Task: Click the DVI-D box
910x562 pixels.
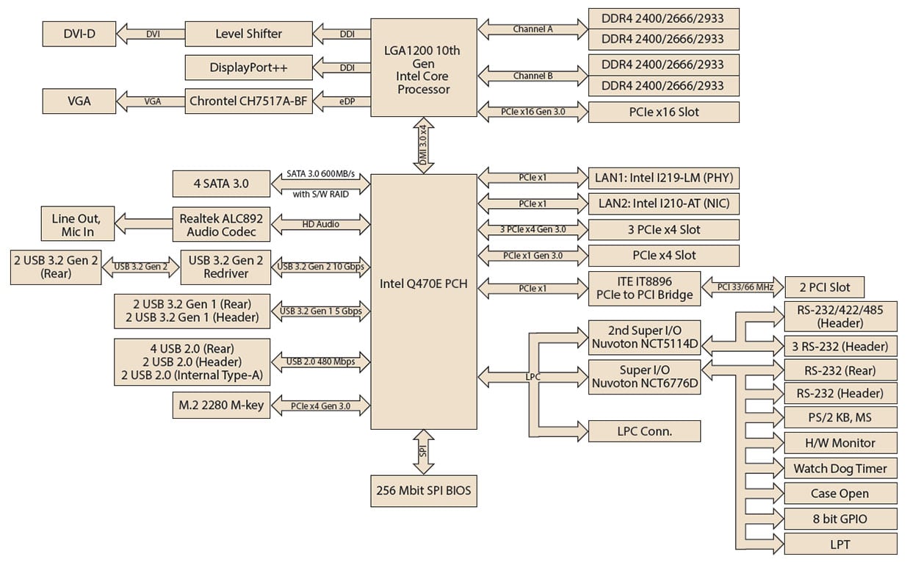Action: tap(79, 34)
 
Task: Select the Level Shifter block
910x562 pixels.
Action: tap(248, 34)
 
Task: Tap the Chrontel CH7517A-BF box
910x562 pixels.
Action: tap(248, 101)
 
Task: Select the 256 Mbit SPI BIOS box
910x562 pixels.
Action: tap(423, 491)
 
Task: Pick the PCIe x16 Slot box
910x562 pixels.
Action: tap(663, 112)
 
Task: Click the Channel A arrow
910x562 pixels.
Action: tap(533, 29)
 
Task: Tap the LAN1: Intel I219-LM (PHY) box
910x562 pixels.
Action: tap(663, 178)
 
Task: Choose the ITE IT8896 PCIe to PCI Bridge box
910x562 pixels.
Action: tap(644, 288)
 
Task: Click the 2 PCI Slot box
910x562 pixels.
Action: tap(823, 287)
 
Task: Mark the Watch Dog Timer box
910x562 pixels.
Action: tap(840, 469)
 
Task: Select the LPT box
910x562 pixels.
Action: tap(840, 544)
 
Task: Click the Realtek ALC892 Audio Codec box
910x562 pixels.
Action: tap(220, 224)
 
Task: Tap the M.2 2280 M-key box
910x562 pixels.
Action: tap(220, 405)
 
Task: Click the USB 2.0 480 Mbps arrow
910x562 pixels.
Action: tap(321, 361)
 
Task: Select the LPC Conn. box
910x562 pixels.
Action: tap(644, 431)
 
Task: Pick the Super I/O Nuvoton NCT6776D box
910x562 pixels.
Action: tap(644, 376)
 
